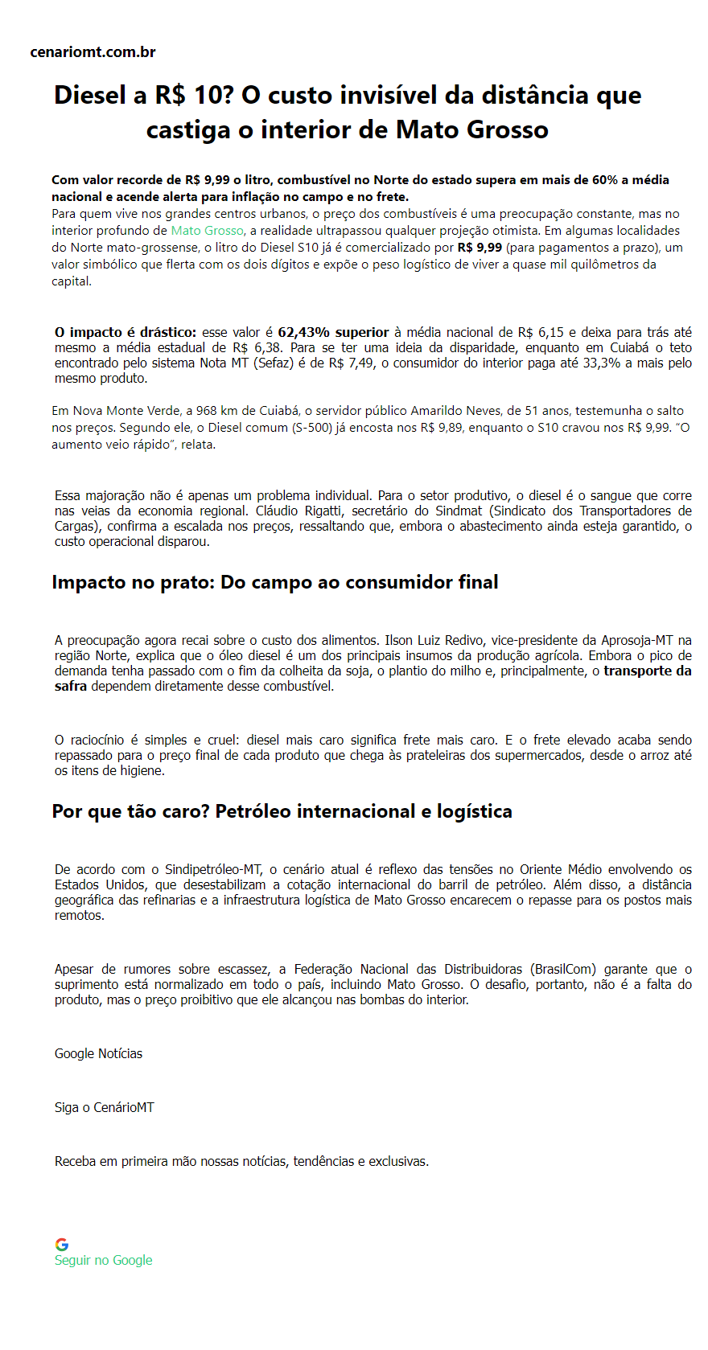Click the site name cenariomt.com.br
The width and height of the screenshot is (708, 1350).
(x=93, y=52)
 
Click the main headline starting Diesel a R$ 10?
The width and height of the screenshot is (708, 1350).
(x=348, y=112)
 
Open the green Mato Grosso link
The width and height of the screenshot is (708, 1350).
(x=207, y=231)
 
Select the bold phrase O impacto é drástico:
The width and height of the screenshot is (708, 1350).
(x=126, y=332)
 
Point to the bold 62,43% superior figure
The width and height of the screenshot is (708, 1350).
(x=333, y=332)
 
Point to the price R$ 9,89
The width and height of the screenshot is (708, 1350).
(x=442, y=428)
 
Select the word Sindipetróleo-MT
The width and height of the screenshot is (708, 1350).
(x=213, y=870)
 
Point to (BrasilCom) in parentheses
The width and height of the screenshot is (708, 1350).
(x=562, y=970)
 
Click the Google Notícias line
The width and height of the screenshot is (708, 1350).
(x=98, y=1054)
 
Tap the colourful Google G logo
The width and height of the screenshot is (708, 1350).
(x=62, y=1245)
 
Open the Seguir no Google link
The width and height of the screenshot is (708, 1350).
(x=103, y=1261)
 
